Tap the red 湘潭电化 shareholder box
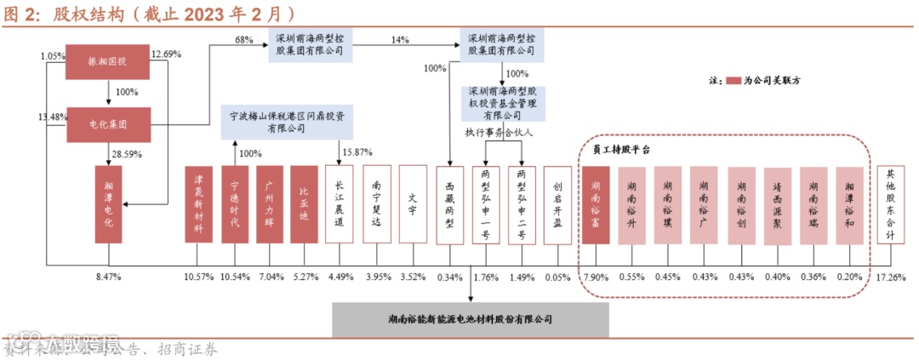108,204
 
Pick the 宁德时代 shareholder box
234,204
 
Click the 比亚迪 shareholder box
304,204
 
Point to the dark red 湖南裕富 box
596,204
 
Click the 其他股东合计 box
890,204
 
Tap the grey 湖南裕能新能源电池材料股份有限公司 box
471,319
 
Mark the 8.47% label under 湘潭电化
110,277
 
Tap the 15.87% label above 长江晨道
357,152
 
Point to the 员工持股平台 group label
621,149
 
